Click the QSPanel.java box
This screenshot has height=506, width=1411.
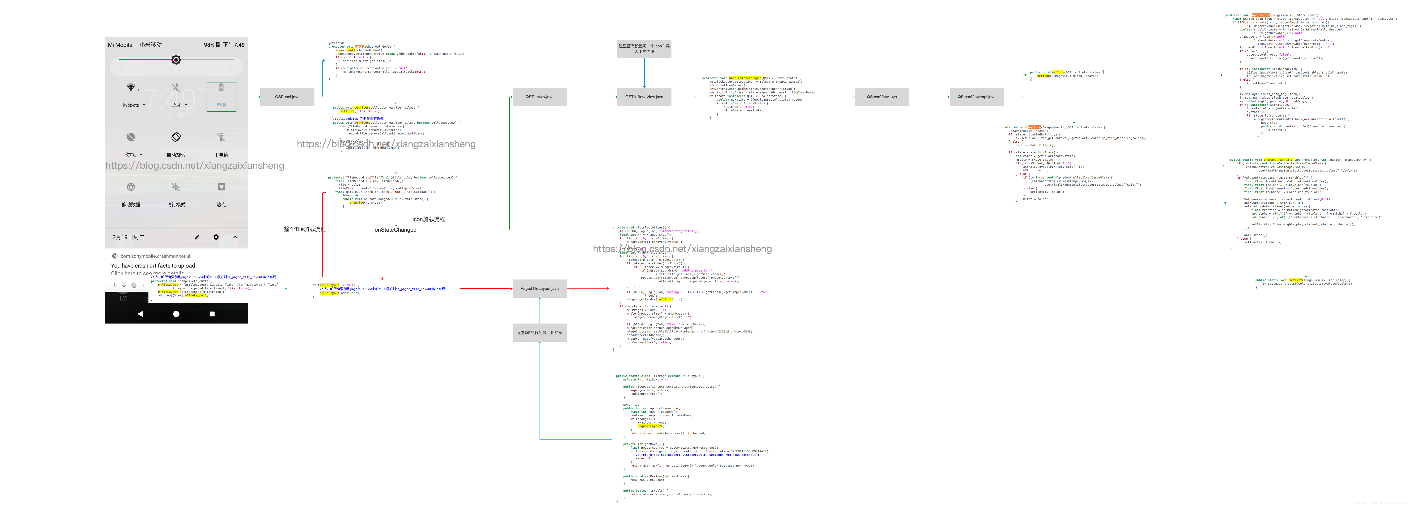tap(287, 97)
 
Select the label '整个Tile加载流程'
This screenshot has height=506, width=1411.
tap(304, 229)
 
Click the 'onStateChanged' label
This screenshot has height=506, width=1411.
tap(395, 230)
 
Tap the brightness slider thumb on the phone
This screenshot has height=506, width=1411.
tap(176, 60)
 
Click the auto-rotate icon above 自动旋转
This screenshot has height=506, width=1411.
tap(176, 137)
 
